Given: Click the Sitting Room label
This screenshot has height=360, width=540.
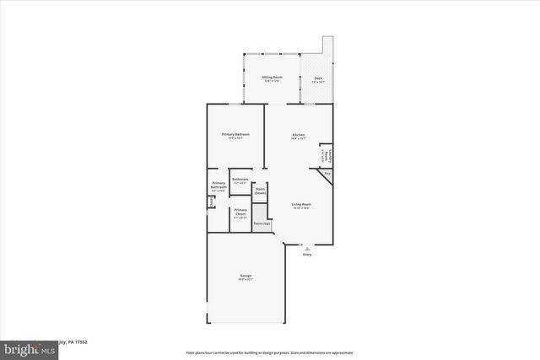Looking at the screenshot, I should coord(272,77).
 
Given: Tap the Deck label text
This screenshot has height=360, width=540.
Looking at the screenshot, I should coord(318,78).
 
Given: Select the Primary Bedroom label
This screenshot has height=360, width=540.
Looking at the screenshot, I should coord(235,135).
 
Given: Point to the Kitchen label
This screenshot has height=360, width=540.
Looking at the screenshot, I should coord(298,135).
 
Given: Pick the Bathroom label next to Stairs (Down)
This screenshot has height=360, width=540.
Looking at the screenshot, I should coord(240,179).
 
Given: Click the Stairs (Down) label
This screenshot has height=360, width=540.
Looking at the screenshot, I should coord(260,190).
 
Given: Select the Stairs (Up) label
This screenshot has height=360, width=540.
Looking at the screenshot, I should coord(262,223).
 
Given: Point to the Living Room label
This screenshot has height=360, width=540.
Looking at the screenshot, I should coord(301,204).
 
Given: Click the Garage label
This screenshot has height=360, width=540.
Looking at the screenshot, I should coord(245,276).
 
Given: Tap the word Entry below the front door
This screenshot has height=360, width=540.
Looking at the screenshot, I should coord(307,255).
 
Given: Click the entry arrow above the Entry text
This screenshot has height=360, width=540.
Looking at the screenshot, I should coord(307,248).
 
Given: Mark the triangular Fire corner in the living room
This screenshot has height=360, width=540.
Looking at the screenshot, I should coord(327,173).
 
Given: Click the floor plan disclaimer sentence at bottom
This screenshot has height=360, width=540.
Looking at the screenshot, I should coord(269,351).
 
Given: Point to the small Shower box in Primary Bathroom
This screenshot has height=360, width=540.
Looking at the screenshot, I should coord(211,200).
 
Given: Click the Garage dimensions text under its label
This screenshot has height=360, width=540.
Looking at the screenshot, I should coord(245,279).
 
